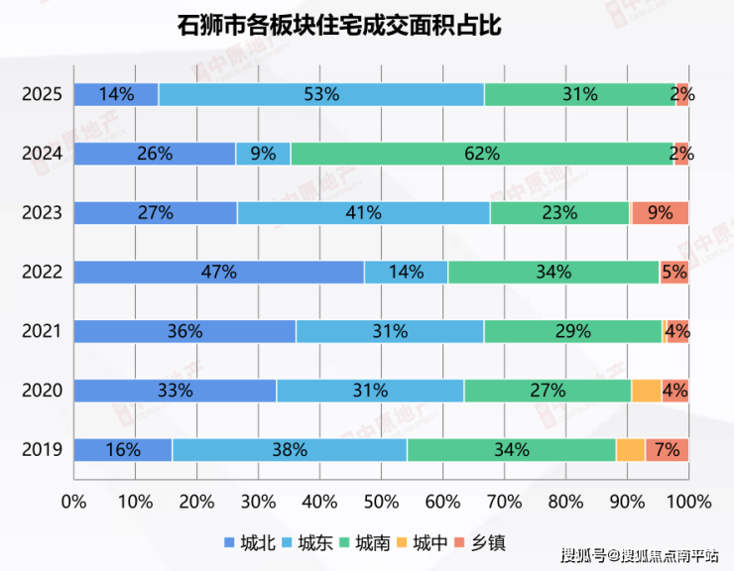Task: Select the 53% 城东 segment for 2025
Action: point(321,95)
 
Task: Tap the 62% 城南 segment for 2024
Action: point(482,154)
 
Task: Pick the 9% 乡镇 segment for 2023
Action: point(660,212)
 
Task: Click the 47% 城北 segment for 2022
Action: point(219,272)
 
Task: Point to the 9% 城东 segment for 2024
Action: point(263,154)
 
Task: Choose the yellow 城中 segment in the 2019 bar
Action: point(631,449)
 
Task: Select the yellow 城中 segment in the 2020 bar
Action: point(646,391)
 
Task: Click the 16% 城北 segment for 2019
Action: point(123,449)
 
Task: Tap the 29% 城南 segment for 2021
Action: point(572,331)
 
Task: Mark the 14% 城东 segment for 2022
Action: point(406,272)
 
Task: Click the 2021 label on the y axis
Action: point(43,331)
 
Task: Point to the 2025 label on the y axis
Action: point(43,95)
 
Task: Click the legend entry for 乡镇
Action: point(479,541)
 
